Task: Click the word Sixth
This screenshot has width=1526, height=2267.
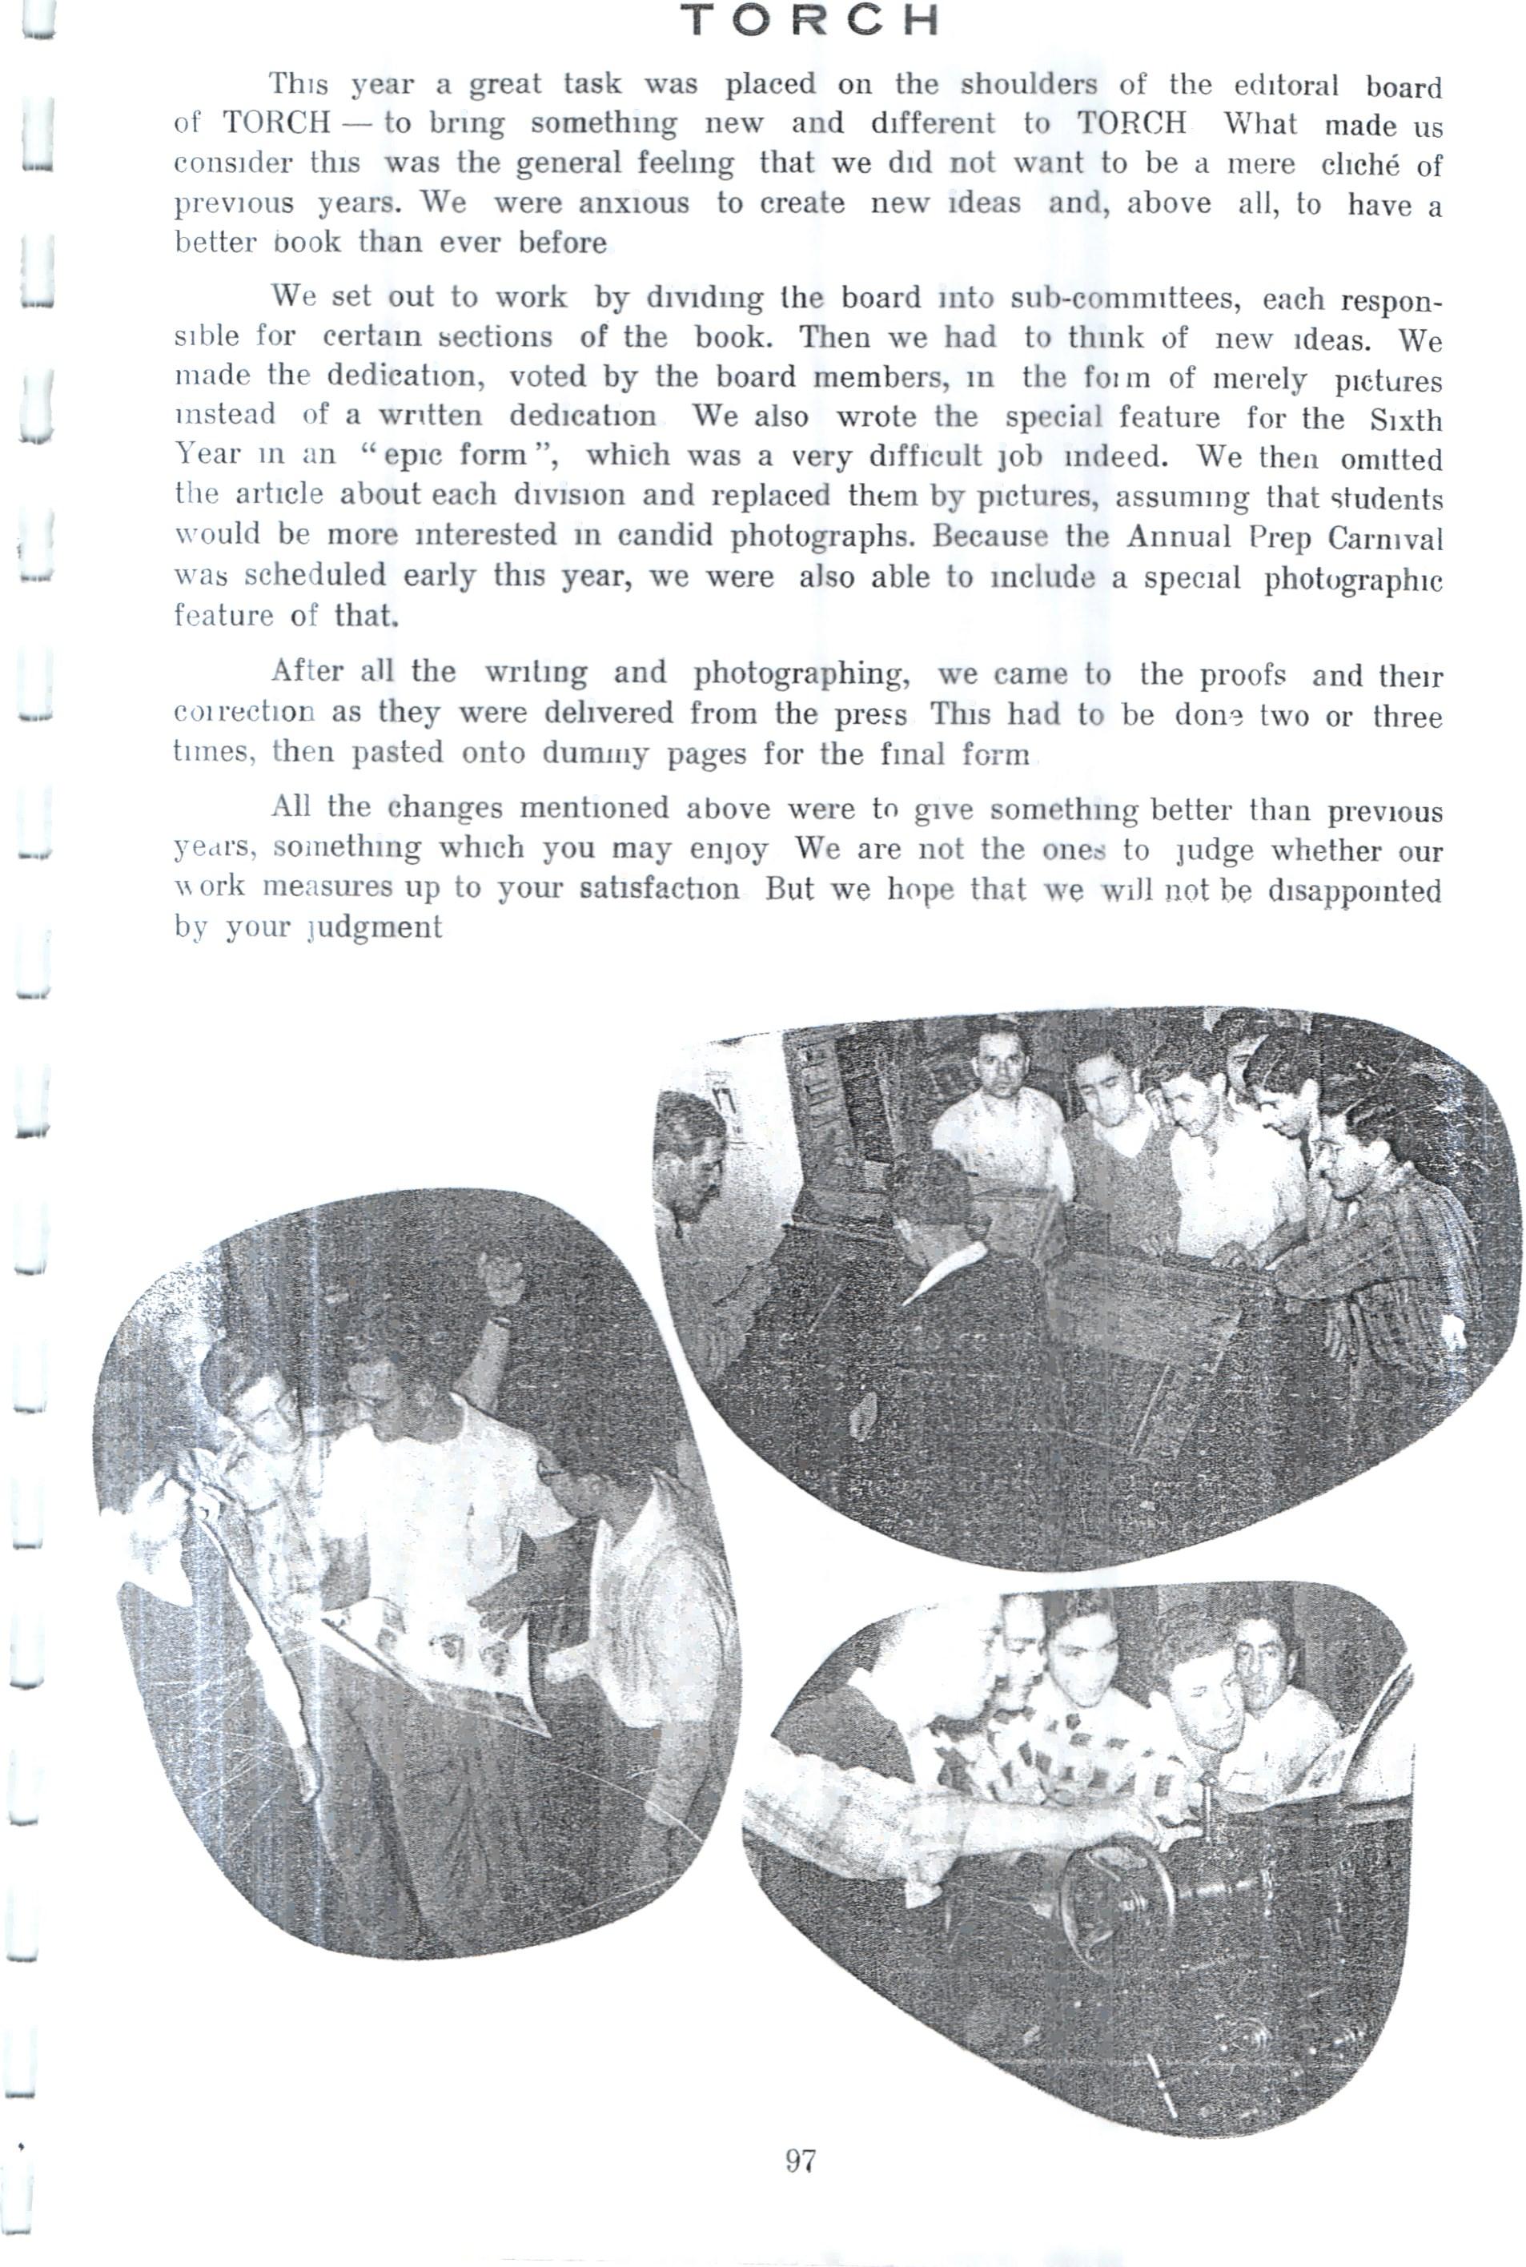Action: pos(1405,420)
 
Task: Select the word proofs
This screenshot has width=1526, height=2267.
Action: pos(1242,674)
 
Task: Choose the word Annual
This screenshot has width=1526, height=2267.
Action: pos(1179,537)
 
